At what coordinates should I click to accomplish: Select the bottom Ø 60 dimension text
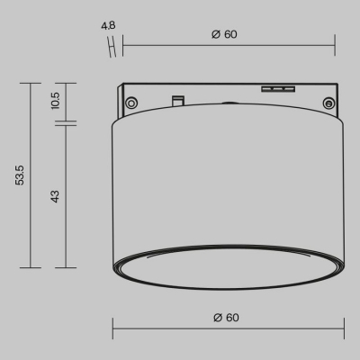(x=226, y=317)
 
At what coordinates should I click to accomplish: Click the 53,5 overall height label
(x=20, y=175)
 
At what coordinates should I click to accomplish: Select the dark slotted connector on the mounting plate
(x=277, y=89)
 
